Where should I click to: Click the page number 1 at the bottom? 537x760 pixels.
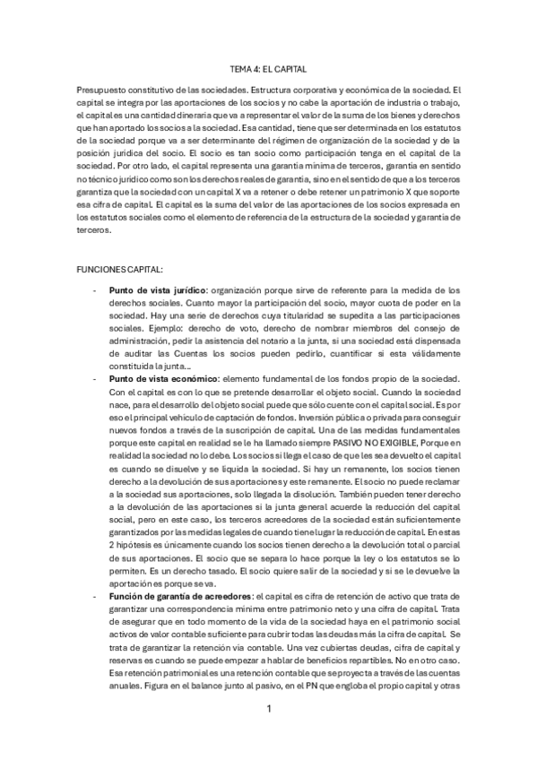tap(268, 708)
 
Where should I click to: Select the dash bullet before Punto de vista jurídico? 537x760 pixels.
tap(95, 290)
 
